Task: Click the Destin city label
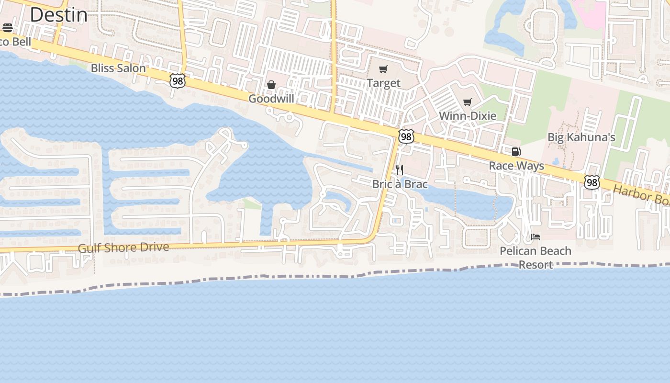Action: (x=58, y=15)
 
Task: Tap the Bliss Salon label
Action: (x=118, y=68)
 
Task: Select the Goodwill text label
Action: (x=271, y=99)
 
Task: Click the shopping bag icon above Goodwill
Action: (x=271, y=85)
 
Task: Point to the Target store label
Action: (x=383, y=83)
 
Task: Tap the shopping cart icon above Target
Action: (x=383, y=70)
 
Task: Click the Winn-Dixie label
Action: (x=468, y=116)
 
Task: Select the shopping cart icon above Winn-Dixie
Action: (x=468, y=102)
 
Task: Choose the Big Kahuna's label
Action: (x=581, y=137)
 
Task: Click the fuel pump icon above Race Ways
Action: (x=516, y=152)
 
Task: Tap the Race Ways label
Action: (x=516, y=166)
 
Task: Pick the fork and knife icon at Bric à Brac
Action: (x=400, y=170)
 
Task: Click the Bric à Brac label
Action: (x=400, y=184)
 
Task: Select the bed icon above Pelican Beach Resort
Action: (x=536, y=237)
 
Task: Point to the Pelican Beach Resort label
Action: (x=536, y=258)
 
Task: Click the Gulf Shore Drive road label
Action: (x=123, y=248)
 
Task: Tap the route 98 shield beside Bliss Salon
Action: (x=178, y=81)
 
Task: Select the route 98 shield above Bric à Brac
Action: (x=406, y=137)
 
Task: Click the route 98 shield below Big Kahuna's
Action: (x=592, y=182)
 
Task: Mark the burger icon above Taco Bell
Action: (x=7, y=28)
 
